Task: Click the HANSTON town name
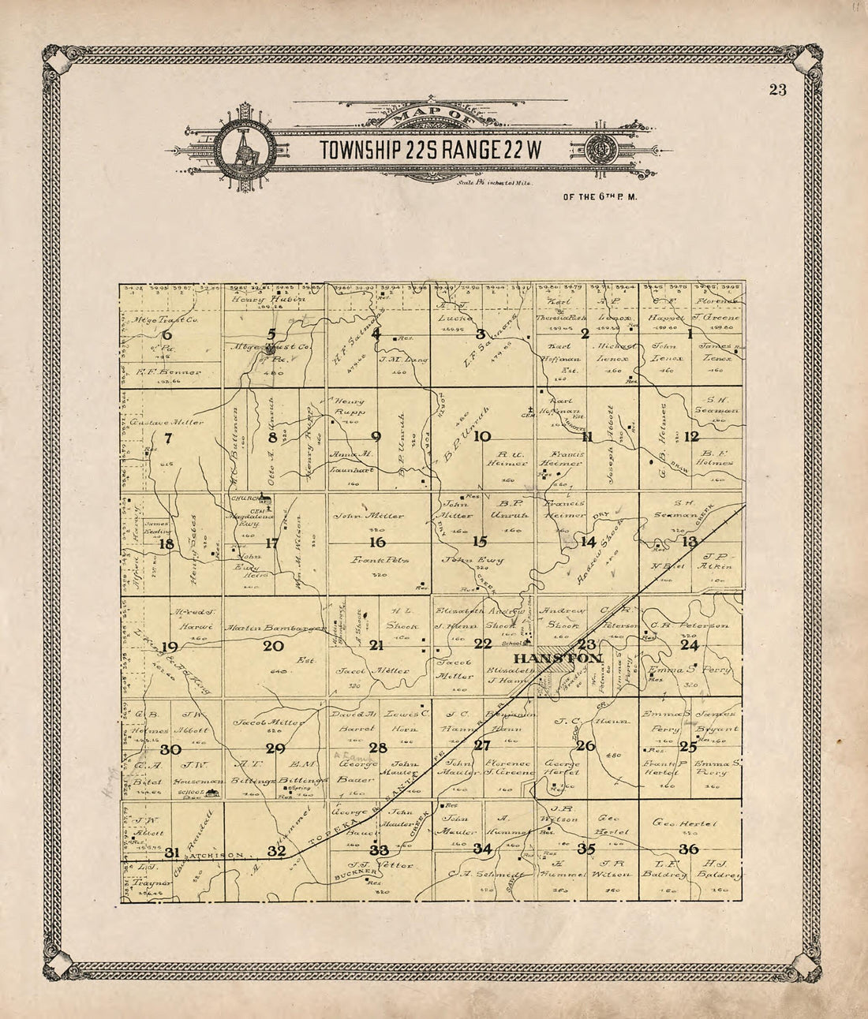click(x=557, y=658)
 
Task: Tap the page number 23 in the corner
click(x=776, y=89)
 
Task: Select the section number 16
click(x=378, y=542)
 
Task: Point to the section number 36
click(x=688, y=849)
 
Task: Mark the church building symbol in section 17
click(x=267, y=498)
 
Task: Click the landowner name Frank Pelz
click(x=377, y=558)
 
